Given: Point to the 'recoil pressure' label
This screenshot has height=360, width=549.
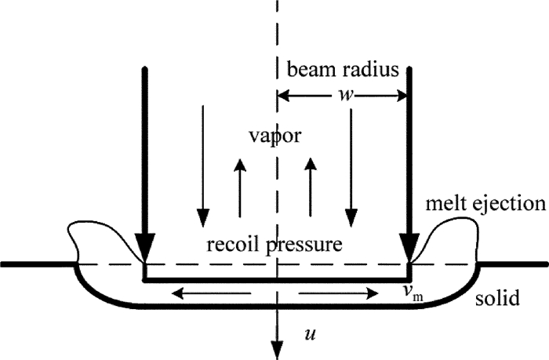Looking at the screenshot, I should pos(274,244).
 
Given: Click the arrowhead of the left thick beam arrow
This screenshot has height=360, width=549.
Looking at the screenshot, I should pos(144,249).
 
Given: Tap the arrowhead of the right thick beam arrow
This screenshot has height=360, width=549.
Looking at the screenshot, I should pos(409,249).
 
